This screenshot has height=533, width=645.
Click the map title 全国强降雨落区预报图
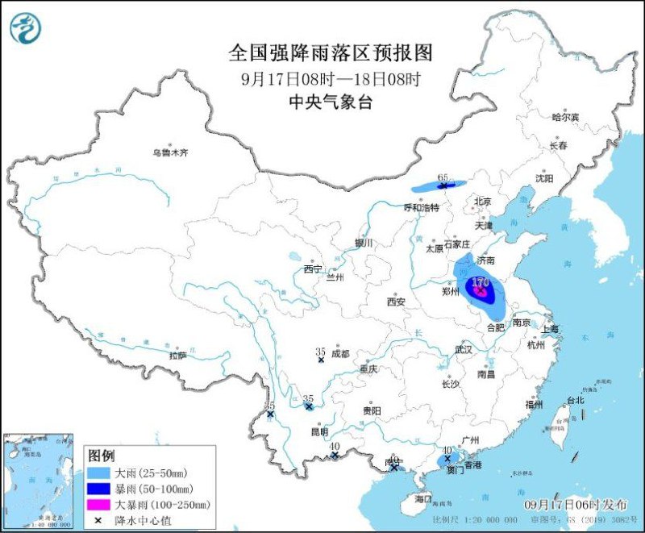coord(331,53)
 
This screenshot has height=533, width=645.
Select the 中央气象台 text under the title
coord(331,102)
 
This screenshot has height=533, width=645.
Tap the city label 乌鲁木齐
coord(171,152)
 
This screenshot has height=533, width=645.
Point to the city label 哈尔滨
coord(565,117)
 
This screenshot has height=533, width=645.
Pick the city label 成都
coord(339,353)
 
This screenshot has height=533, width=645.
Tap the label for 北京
coord(482,202)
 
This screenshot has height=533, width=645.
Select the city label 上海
coord(551,329)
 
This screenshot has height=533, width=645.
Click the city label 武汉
coord(463,350)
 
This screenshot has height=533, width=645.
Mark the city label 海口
coord(424,499)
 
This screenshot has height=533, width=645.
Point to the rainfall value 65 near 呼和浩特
coord(442,177)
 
